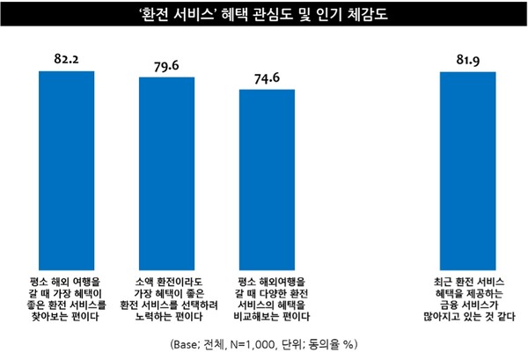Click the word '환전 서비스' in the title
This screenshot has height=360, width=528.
pyautogui.click(x=193, y=14)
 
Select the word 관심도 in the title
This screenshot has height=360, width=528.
pyautogui.click(x=284, y=14)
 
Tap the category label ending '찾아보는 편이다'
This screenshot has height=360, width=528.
pyautogui.click(x=73, y=296)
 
